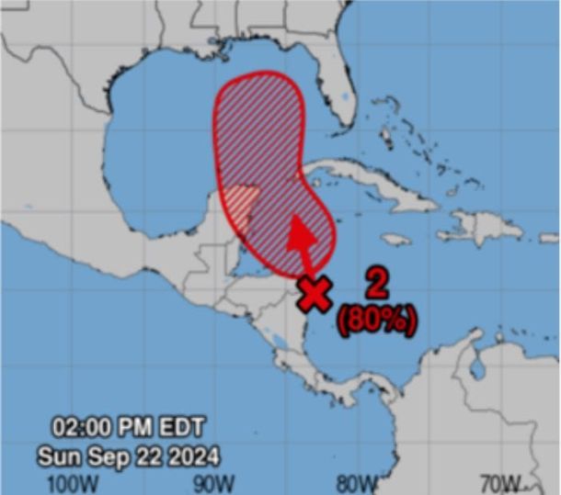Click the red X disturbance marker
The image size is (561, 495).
(x=315, y=294)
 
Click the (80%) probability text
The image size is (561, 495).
(x=377, y=320)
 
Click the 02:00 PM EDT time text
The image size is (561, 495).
(x=129, y=427)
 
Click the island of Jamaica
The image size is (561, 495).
(x=396, y=239)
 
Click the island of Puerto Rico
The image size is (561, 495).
(x=548, y=237)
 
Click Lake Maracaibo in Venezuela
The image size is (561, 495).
(x=477, y=367)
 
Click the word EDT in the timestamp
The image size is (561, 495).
(x=181, y=427)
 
